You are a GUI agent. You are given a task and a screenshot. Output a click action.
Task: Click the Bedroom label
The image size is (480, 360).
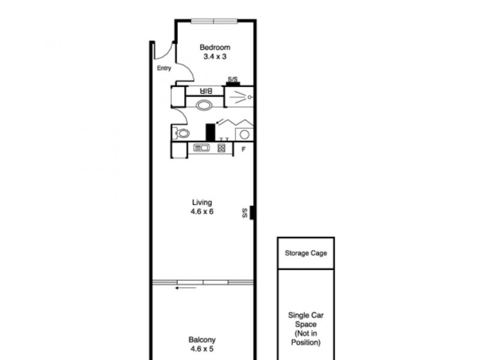[x=214, y=47]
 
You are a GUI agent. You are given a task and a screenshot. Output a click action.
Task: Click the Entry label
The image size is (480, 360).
[x=164, y=68]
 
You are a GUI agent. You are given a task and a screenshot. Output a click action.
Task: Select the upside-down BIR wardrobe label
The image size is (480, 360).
[x=206, y=91]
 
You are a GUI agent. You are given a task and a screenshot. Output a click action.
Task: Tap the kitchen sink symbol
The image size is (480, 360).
[x=200, y=148]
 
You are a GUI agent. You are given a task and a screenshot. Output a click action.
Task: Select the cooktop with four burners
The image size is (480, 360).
[x=221, y=148]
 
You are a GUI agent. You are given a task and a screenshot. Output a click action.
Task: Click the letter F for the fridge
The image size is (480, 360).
[x=243, y=149]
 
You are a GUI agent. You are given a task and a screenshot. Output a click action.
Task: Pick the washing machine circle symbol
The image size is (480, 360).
[x=245, y=133]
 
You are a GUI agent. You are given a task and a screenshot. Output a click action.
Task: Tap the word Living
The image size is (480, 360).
[x=202, y=203]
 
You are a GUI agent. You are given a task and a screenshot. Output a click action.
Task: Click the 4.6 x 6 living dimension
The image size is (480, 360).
[x=202, y=211]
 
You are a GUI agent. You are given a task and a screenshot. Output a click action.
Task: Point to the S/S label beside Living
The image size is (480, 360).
[x=245, y=212]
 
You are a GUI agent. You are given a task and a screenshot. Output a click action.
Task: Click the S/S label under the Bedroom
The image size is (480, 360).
[x=232, y=79]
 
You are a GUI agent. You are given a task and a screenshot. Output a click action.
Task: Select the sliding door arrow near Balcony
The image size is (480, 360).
[x=185, y=288]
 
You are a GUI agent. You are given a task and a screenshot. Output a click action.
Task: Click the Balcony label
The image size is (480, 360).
[x=202, y=339]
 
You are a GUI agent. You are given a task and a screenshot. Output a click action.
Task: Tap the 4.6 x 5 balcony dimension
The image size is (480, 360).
[x=202, y=348]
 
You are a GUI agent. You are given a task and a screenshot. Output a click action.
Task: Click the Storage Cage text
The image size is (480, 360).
[x=306, y=253]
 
